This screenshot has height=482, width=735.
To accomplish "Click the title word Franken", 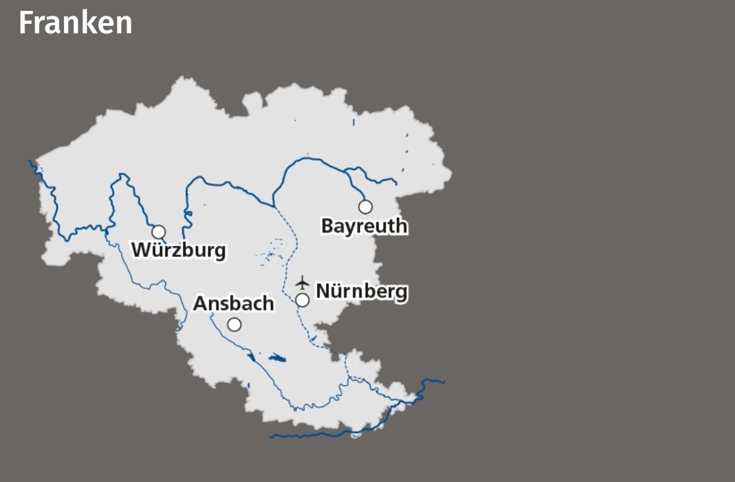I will [75, 23].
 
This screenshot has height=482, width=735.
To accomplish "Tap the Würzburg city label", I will [178, 250].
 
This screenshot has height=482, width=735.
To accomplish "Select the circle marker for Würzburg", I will [159, 232].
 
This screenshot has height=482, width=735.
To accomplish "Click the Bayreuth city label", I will [364, 226].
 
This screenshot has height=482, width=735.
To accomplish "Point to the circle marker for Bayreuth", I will [365, 207].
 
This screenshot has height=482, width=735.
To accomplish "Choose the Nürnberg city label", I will [362, 291].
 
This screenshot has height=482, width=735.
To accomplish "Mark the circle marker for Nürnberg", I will [303, 300].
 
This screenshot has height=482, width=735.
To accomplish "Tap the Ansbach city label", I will [233, 303].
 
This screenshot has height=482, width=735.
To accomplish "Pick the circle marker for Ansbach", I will [234, 325].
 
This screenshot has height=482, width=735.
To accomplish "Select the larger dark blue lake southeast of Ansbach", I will [277, 358].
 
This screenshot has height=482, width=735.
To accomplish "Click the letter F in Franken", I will [26, 23].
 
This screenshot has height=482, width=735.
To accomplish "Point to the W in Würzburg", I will [140, 249].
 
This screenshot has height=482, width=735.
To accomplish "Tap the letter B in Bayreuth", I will [327, 226].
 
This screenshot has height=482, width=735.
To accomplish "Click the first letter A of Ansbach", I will [200, 303].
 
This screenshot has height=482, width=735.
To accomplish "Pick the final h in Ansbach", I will [268, 303].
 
